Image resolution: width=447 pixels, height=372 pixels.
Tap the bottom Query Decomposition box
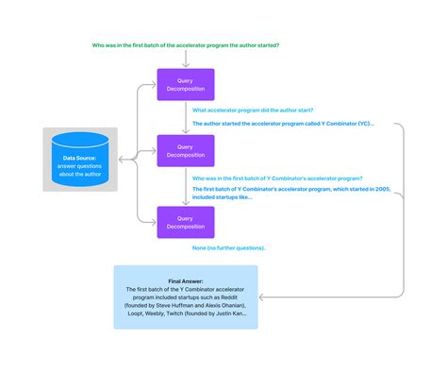(186, 222)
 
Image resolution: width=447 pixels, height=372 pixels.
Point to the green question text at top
(185, 44)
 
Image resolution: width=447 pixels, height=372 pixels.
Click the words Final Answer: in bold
(186, 280)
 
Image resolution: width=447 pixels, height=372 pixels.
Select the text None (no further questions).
(228, 248)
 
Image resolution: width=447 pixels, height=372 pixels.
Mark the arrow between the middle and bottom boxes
(186, 188)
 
